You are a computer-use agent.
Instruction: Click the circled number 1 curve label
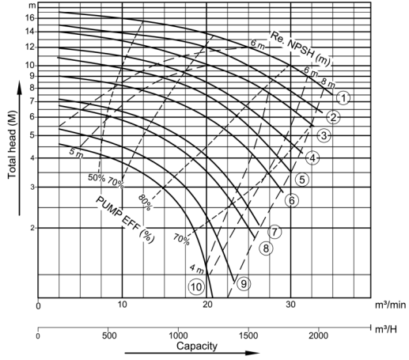coord(343,98)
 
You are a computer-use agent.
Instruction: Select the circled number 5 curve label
coord(302,180)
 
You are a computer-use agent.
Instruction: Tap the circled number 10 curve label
coord(196,286)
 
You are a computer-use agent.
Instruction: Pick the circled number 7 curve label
coord(275,232)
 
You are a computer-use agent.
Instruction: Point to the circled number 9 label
coord(244,284)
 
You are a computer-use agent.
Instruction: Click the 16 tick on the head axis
coord(30,18)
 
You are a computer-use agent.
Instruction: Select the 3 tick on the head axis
coord(32,188)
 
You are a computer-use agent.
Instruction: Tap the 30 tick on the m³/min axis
coord(290,305)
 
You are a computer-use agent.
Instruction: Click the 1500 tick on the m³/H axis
coord(248,335)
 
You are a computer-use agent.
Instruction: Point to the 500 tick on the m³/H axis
coord(108,335)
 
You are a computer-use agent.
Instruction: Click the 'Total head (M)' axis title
coord(12,145)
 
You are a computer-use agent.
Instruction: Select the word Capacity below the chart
coord(197,346)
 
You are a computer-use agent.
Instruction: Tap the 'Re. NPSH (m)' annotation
coord(301,49)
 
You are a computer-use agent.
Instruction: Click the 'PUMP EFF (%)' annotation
coord(125,219)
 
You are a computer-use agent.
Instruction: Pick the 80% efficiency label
coord(145,203)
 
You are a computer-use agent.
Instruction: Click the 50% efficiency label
coord(97,177)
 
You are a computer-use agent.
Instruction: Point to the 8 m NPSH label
coord(328,83)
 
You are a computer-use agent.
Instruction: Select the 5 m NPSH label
coord(76,153)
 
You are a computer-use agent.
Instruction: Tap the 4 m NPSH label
coord(197,269)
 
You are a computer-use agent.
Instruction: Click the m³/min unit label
coord(390,305)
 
